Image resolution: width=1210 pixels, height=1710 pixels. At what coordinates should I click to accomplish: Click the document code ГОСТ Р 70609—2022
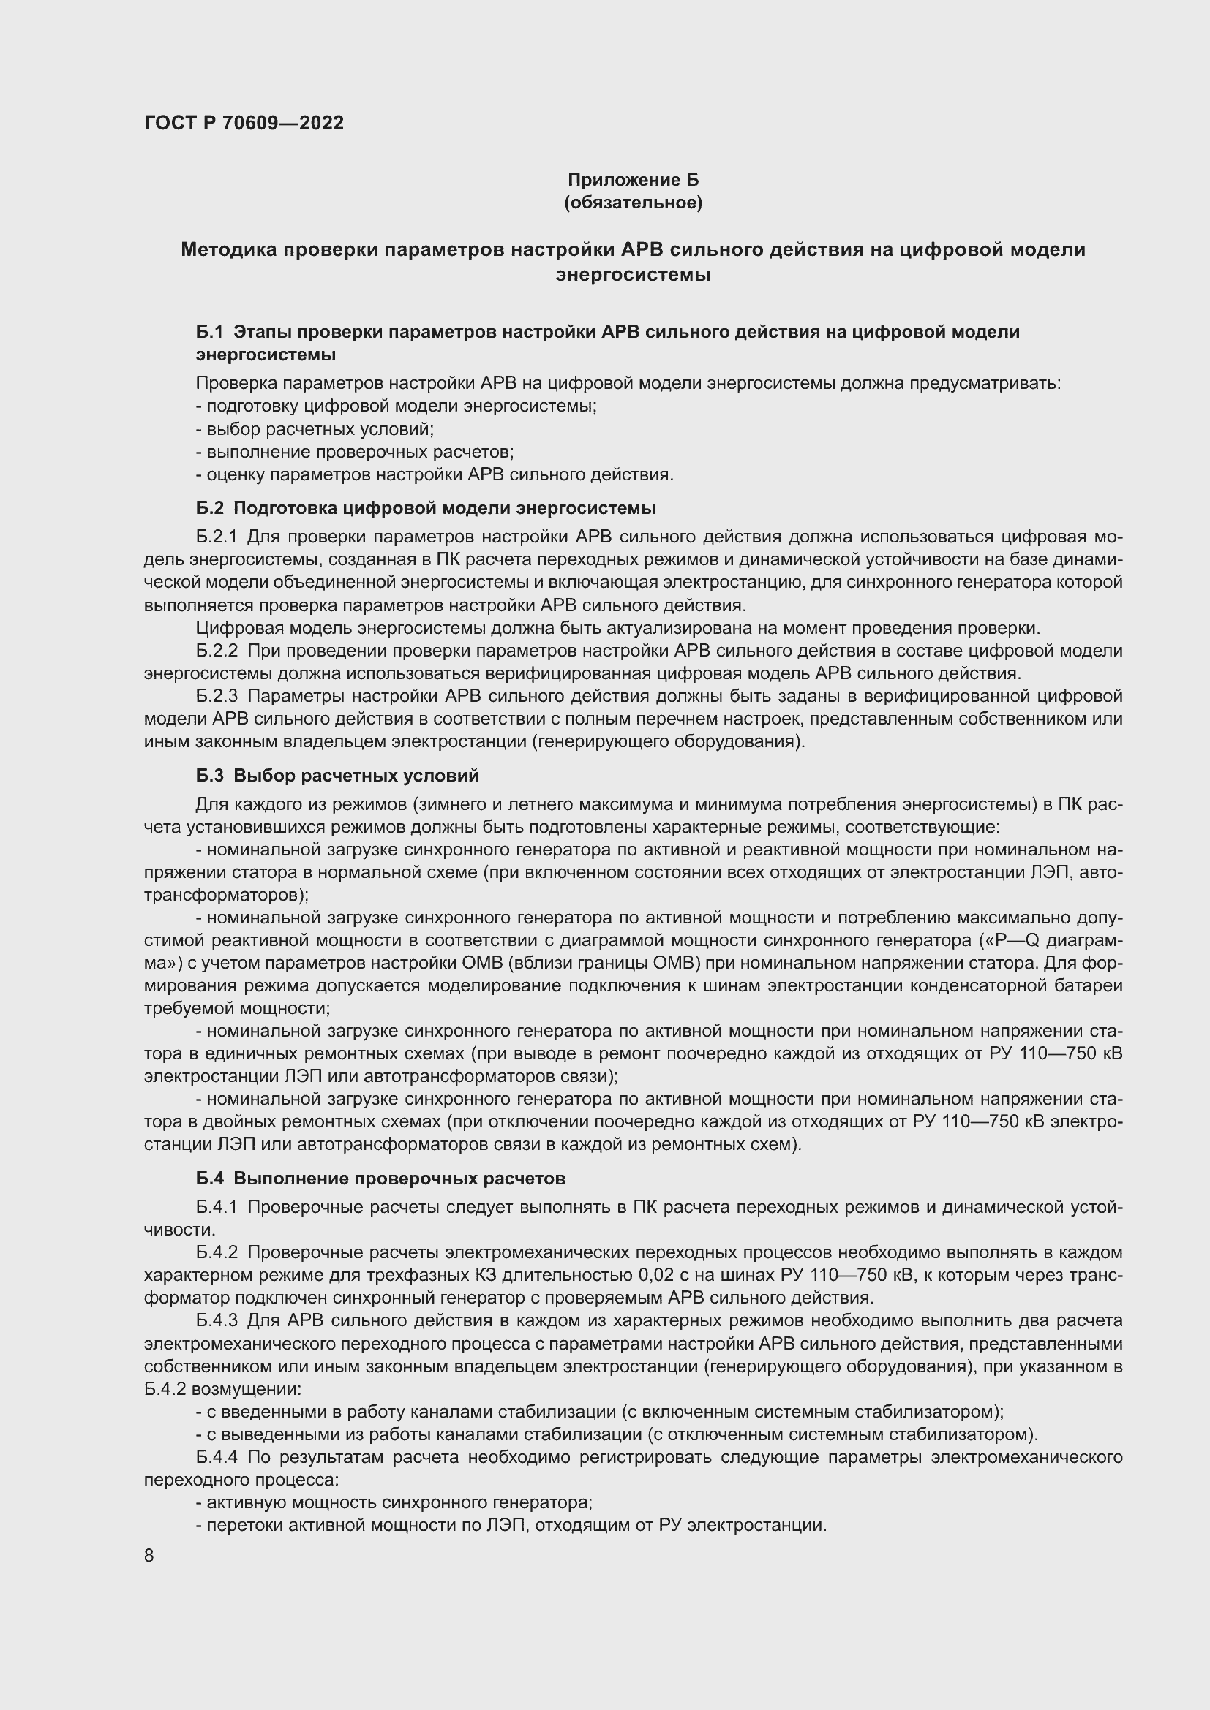pyautogui.click(x=244, y=123)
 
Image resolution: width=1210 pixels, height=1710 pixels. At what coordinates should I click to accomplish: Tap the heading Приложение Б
pyautogui.click(x=634, y=180)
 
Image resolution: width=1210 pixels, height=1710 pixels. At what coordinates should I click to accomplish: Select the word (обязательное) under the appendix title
pyautogui.click(x=634, y=203)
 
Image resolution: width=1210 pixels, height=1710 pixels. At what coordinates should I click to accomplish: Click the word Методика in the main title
pyautogui.click(x=228, y=249)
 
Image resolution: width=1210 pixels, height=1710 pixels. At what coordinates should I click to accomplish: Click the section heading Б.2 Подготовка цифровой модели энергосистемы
pyautogui.click(x=426, y=508)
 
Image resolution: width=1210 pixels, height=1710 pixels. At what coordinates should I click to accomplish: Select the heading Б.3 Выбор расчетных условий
pyautogui.click(x=337, y=775)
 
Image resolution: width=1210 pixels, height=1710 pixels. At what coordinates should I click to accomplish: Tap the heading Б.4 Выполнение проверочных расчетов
pyautogui.click(x=380, y=1179)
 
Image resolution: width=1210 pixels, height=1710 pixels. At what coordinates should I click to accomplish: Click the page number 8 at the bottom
pyautogui.click(x=149, y=1556)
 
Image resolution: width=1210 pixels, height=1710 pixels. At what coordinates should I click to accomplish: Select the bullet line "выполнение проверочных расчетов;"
pyautogui.click(x=355, y=452)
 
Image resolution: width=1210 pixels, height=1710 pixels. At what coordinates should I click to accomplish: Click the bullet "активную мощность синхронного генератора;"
pyautogui.click(x=394, y=1502)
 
